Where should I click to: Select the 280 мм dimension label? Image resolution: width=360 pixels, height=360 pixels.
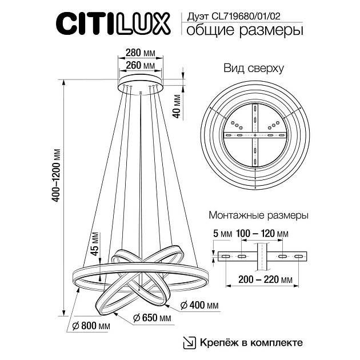(141, 54)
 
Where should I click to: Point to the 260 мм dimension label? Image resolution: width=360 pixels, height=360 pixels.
(141, 66)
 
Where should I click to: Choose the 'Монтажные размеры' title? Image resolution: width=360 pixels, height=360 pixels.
(259, 216)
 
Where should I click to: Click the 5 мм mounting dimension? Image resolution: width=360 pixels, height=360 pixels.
(221, 234)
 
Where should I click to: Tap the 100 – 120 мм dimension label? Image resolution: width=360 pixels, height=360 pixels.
(262, 234)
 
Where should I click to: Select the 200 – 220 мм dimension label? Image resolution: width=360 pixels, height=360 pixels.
(262, 279)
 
